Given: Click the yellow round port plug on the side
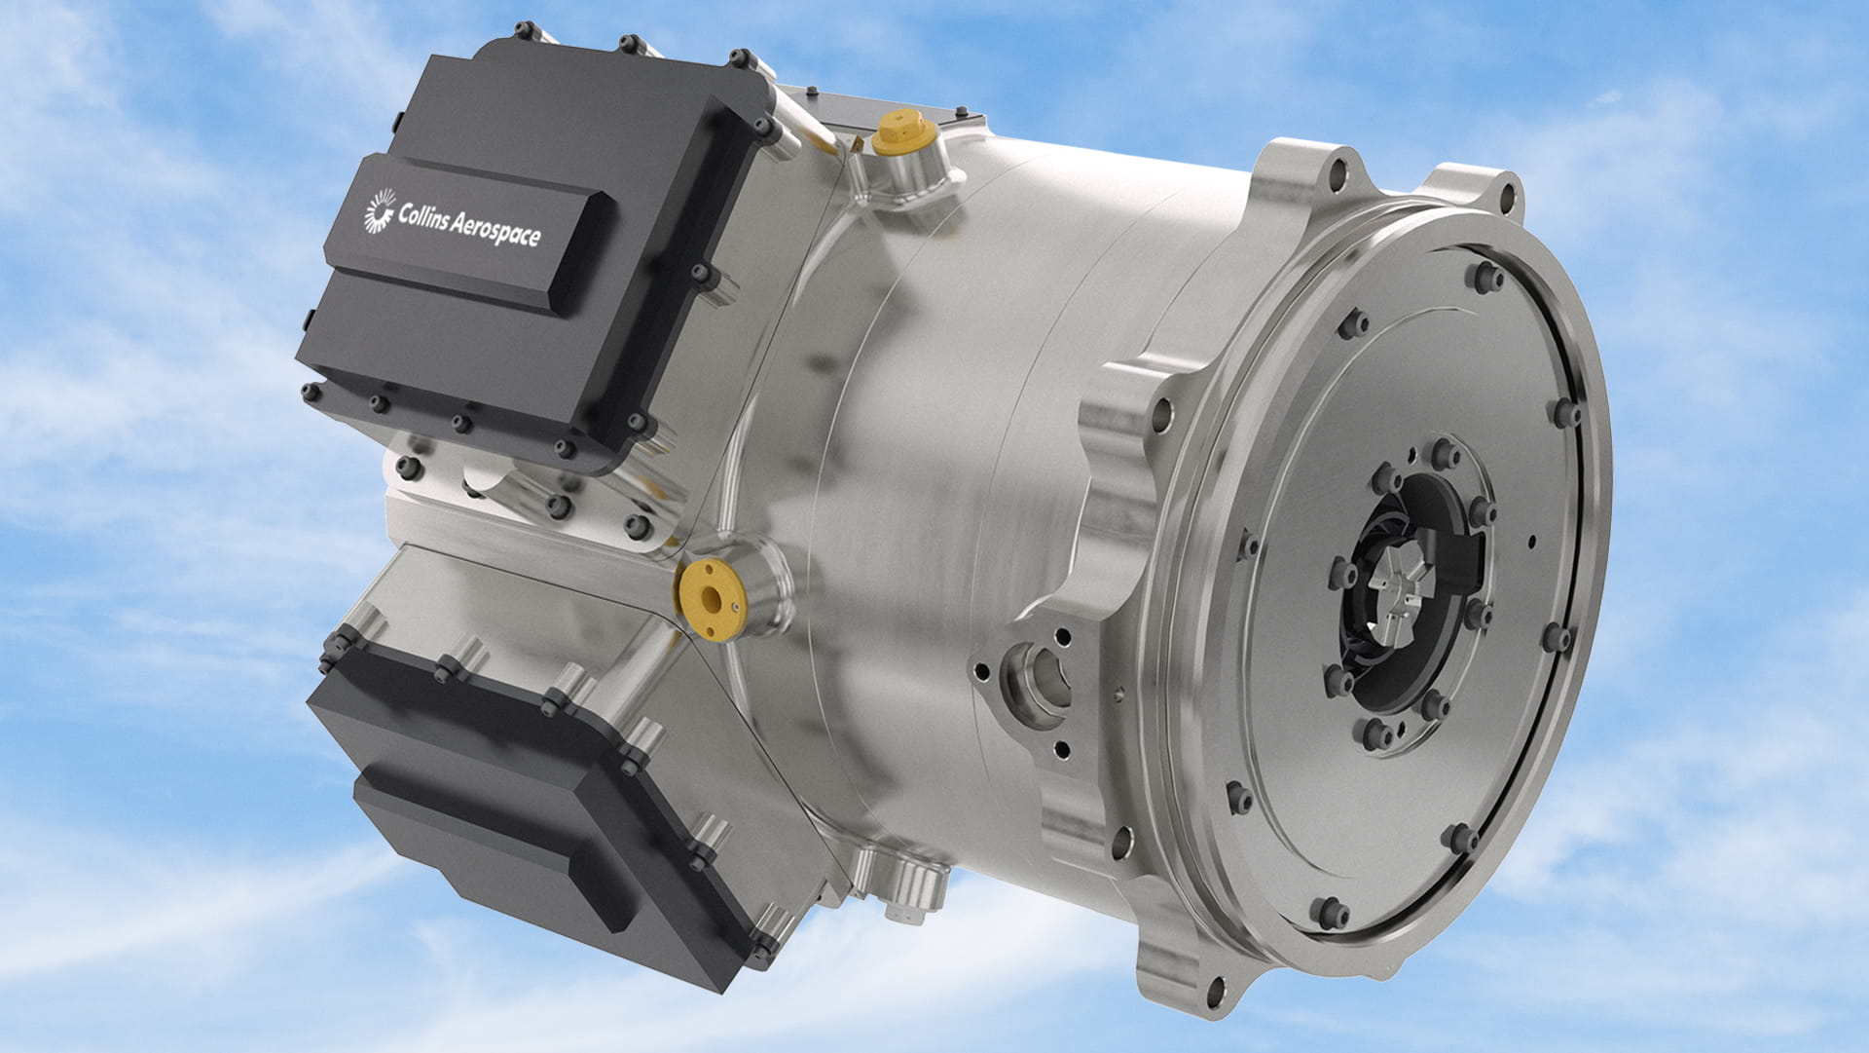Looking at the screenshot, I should click(x=711, y=598).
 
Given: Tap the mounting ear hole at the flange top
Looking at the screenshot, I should click(x=1338, y=175).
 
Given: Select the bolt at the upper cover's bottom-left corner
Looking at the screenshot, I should click(x=311, y=393).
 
